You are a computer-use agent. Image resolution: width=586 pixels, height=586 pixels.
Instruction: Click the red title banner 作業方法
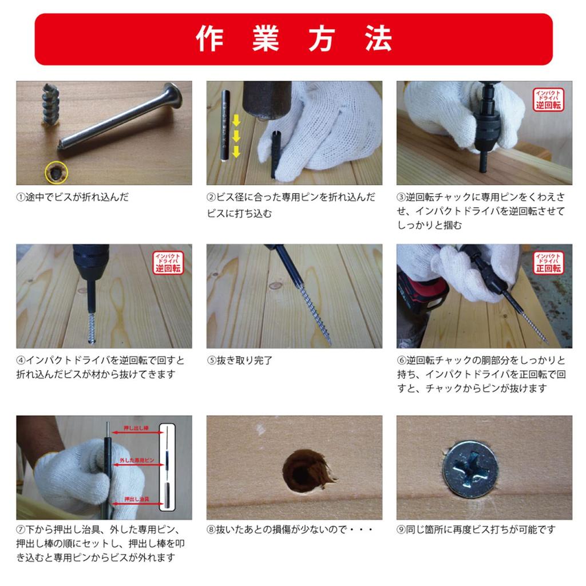(x=294, y=39)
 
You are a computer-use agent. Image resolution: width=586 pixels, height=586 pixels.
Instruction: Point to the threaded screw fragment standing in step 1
(x=51, y=104)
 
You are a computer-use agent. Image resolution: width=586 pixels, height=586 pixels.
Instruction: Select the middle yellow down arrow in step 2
(x=236, y=136)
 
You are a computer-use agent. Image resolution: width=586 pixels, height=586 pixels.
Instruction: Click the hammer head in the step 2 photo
(x=267, y=100)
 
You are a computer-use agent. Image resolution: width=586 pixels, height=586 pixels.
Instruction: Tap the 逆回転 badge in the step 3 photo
(x=548, y=100)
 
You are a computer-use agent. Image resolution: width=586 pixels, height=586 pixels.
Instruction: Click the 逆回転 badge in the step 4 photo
(x=168, y=263)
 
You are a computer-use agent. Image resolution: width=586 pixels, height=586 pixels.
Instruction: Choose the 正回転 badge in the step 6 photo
(x=548, y=263)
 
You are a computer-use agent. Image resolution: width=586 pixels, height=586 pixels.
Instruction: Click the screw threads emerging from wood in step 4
(x=92, y=328)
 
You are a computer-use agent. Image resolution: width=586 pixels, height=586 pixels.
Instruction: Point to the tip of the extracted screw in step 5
(x=330, y=343)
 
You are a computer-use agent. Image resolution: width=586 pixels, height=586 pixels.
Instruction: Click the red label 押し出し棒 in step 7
(x=136, y=428)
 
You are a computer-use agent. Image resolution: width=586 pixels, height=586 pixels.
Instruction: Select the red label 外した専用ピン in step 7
(x=137, y=461)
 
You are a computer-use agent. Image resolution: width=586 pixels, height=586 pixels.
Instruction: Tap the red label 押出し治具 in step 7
(x=137, y=499)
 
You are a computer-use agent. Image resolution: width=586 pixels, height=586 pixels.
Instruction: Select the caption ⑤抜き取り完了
(x=240, y=361)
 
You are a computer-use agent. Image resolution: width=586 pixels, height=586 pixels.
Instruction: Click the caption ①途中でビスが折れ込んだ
(x=73, y=197)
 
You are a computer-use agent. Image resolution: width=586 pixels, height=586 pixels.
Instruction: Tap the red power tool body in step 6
(x=422, y=295)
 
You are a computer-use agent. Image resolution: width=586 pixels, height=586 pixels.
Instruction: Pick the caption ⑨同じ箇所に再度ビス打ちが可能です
(x=476, y=529)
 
